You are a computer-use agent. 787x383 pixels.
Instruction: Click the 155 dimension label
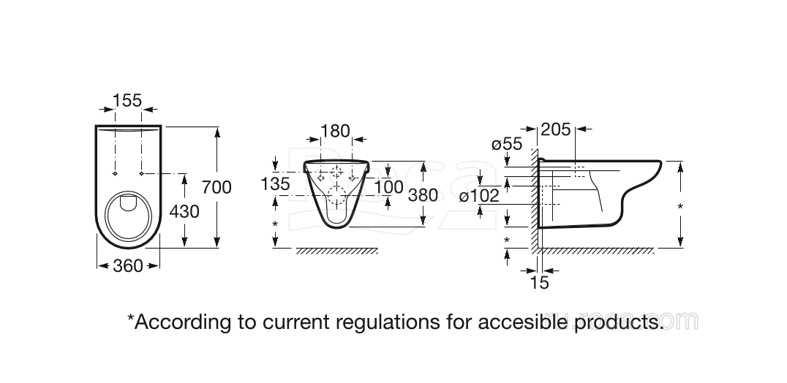click(x=127, y=101)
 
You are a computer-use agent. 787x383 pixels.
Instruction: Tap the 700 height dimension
click(x=216, y=188)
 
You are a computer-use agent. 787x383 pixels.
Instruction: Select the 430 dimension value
click(x=184, y=211)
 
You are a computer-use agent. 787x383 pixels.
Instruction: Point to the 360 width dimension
click(x=129, y=266)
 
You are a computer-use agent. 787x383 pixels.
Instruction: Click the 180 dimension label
click(x=336, y=132)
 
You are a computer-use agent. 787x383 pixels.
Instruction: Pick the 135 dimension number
click(x=275, y=184)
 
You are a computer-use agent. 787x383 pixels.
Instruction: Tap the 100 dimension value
click(x=388, y=187)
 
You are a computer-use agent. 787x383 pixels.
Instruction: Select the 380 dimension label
click(x=423, y=195)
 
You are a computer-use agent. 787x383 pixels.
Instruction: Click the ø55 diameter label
click(x=507, y=145)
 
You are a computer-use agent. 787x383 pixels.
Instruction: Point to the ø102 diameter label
click(x=479, y=196)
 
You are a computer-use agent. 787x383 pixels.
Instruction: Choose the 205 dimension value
click(x=555, y=130)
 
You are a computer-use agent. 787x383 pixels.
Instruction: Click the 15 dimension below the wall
click(x=539, y=283)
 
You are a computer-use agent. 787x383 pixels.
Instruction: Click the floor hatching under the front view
click(x=337, y=251)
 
